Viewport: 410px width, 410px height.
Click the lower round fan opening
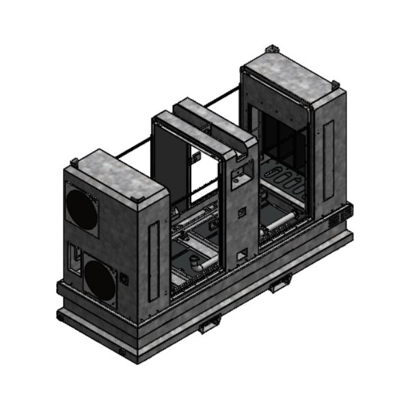pyautogui.click(x=100, y=281)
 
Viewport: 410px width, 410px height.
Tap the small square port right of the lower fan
pyautogui.click(x=124, y=279)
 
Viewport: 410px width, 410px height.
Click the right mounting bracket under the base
pyautogui.click(x=280, y=284)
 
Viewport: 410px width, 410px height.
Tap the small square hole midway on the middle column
pyautogui.click(x=241, y=213)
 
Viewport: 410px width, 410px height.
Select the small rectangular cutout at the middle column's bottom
pyautogui.click(x=241, y=254)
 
